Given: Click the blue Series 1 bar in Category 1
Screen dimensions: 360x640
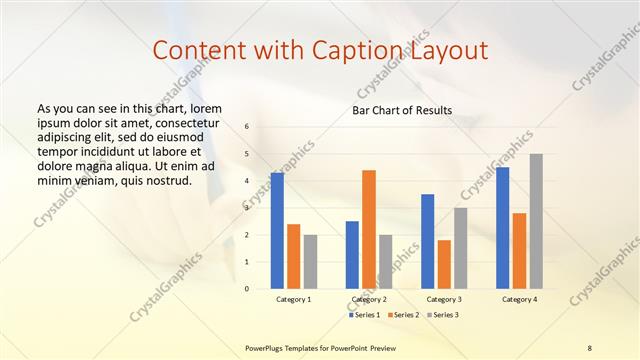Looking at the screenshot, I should pyautogui.click(x=277, y=231).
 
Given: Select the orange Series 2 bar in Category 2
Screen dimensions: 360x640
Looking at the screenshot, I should pyautogui.click(x=369, y=229).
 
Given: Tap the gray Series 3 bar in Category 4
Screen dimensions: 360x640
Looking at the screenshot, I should pyautogui.click(x=536, y=221).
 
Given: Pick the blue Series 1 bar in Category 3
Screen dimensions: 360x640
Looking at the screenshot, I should pyautogui.click(x=428, y=241).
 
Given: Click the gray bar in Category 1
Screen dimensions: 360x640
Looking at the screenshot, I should pyautogui.click(x=310, y=262).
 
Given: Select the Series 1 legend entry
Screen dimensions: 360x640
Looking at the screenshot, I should pyautogui.click(x=366, y=315).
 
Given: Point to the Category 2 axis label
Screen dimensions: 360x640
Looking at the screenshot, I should pyautogui.click(x=369, y=299).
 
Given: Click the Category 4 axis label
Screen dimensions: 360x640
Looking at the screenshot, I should pyautogui.click(x=519, y=299).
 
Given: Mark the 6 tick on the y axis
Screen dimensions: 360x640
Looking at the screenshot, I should pyautogui.click(x=247, y=126).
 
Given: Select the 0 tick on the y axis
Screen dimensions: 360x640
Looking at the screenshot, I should pyautogui.click(x=247, y=289).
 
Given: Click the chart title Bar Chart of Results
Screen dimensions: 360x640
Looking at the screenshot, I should pyautogui.click(x=402, y=110).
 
